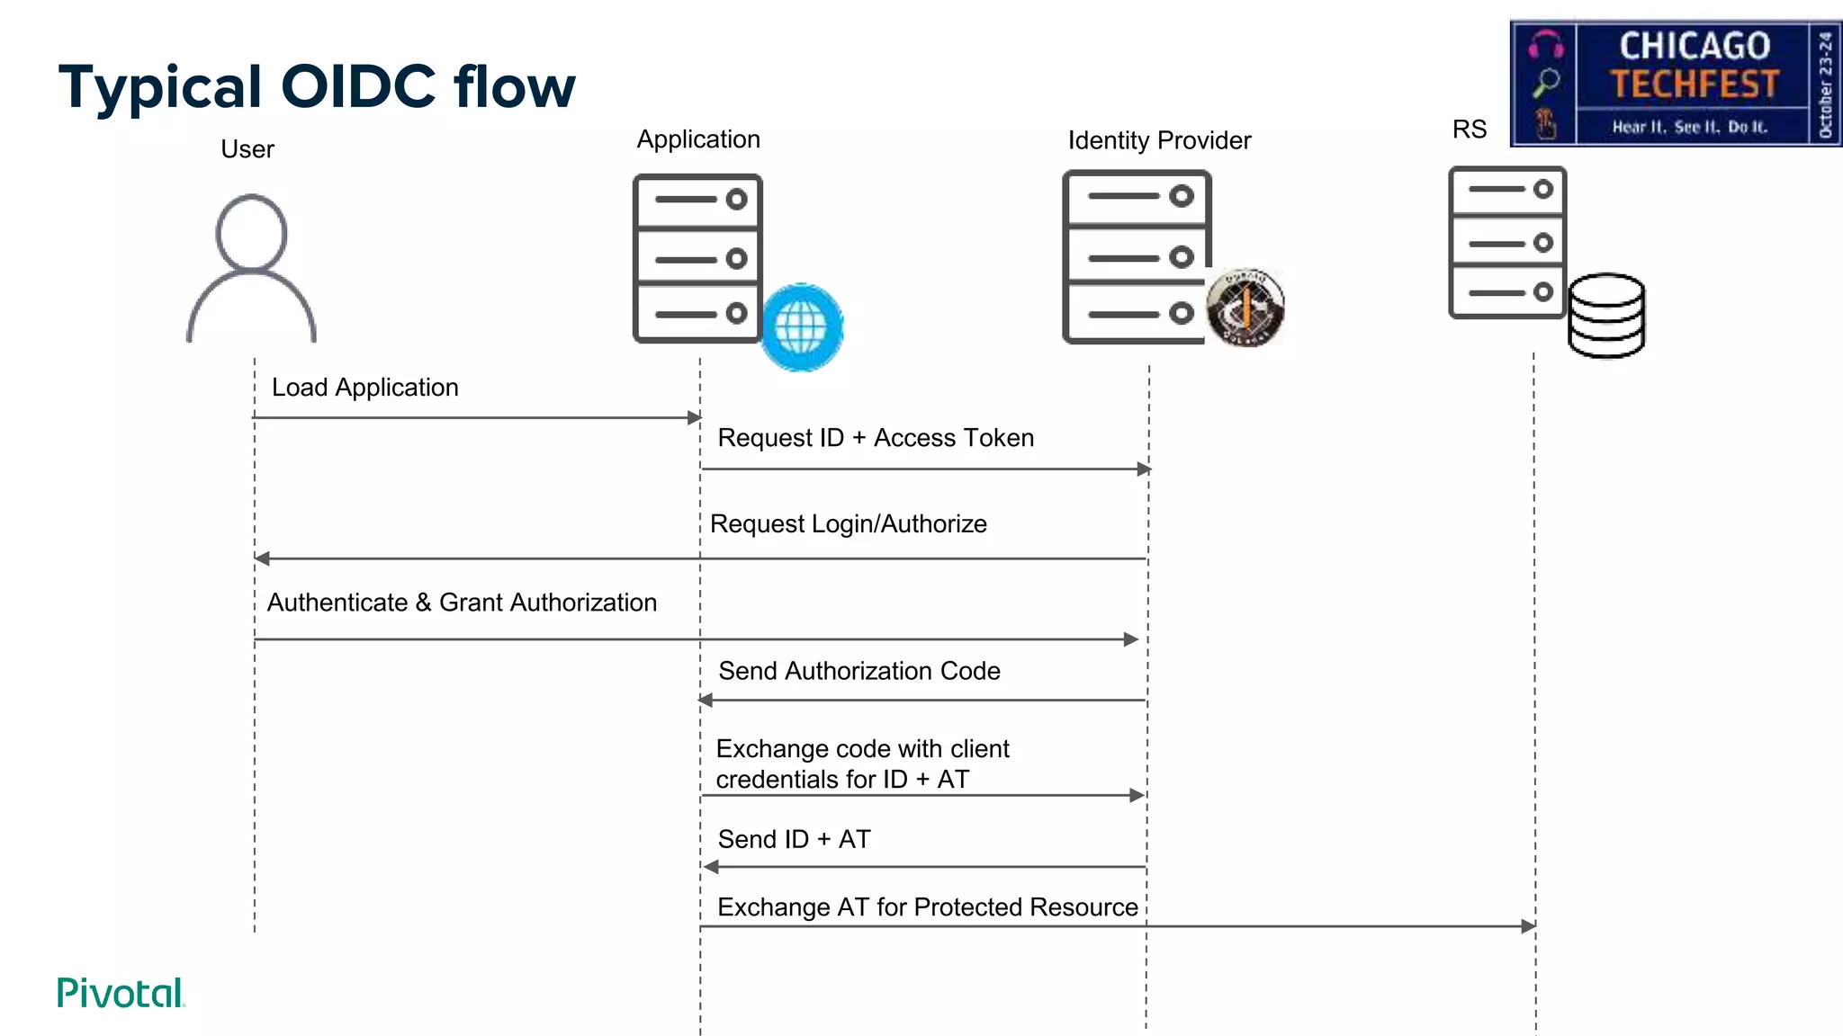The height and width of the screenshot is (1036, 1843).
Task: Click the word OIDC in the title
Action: click(357, 87)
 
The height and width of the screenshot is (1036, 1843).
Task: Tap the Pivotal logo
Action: click(121, 993)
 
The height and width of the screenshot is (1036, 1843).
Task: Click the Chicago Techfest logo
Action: click(1675, 83)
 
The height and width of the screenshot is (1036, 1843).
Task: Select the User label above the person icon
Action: click(247, 149)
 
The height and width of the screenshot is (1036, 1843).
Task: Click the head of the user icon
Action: click(251, 233)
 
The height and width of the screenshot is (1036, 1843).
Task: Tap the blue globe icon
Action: click(801, 327)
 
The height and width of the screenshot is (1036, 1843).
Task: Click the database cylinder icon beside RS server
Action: click(1606, 316)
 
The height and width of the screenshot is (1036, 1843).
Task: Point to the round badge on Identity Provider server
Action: click(1245, 308)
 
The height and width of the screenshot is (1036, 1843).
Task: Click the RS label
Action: click(1469, 129)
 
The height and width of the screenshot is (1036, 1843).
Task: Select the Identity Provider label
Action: click(1159, 140)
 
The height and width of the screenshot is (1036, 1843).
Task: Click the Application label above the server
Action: click(698, 139)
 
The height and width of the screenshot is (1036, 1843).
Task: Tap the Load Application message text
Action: click(364, 388)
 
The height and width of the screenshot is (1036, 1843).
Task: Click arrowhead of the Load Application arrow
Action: click(694, 417)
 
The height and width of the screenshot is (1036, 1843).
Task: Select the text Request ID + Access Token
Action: click(876, 438)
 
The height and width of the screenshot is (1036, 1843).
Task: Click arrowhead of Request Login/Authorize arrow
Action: click(262, 558)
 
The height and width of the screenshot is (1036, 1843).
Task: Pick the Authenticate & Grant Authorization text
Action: click(462, 603)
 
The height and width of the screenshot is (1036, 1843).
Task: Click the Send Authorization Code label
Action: click(859, 671)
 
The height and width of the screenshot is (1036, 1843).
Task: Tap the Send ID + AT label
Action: click(794, 839)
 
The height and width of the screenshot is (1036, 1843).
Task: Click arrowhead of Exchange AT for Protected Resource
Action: click(1528, 926)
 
